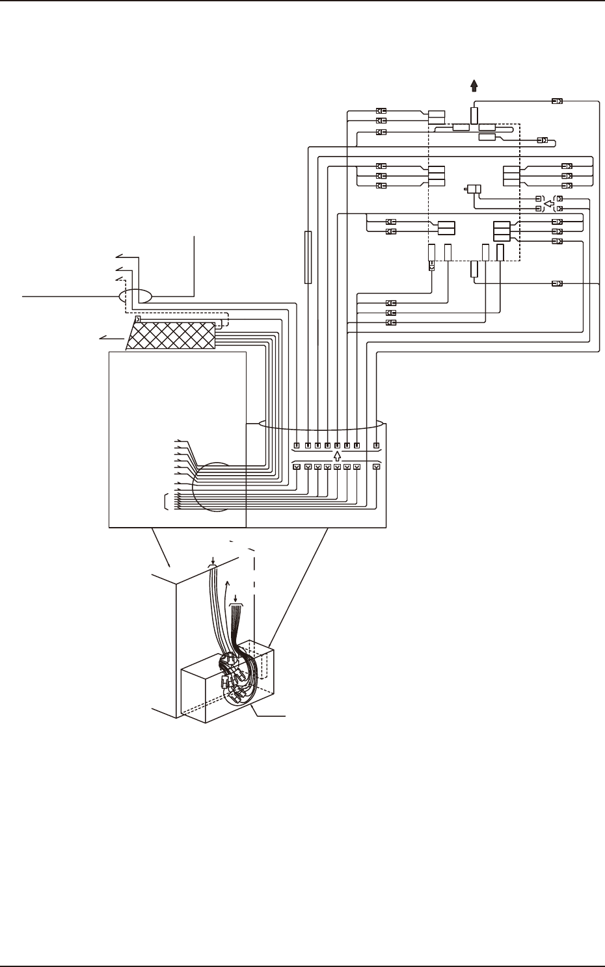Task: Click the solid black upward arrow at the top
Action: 474,85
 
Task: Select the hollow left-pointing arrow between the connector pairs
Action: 548,204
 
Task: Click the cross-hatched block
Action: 172,335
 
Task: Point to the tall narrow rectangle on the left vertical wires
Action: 308,257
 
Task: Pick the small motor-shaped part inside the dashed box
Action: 473,190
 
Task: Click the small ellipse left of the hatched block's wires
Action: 135,296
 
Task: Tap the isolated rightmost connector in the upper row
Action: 376,445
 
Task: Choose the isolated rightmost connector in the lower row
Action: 376,467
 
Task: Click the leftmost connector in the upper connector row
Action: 297,445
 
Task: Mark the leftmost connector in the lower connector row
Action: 297,467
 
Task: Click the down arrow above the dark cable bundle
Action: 235,597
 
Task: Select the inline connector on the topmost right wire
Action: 557,101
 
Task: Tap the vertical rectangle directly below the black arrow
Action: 474,116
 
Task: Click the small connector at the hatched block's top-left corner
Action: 137,319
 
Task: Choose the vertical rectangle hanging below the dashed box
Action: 474,270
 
